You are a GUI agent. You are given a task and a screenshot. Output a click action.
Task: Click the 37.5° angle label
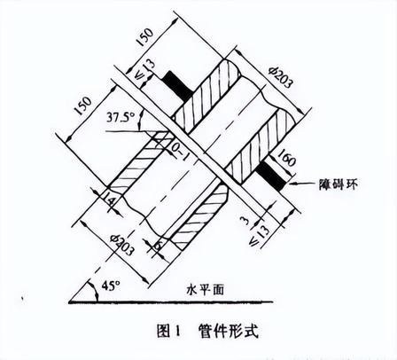121,118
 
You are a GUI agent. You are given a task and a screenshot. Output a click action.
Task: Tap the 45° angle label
111,286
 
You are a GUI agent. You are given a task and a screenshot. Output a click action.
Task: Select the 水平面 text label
206,290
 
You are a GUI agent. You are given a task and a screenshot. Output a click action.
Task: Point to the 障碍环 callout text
339,184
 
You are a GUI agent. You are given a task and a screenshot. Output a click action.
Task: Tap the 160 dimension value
286,157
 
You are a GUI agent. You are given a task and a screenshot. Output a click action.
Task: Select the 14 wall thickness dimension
108,201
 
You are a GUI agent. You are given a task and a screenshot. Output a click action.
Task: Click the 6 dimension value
159,245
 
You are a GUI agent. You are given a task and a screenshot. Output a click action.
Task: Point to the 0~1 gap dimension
180,152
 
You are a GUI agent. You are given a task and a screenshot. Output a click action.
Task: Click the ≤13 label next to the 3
259,235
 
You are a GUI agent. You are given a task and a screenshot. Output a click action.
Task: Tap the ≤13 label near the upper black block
144,69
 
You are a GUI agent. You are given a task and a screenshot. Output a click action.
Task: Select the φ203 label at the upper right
280,77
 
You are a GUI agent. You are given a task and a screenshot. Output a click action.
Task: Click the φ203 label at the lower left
121,245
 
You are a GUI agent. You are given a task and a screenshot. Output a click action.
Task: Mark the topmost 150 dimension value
144,36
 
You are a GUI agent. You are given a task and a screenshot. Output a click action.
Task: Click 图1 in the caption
168,331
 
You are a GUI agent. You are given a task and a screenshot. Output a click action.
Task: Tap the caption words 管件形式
229,331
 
